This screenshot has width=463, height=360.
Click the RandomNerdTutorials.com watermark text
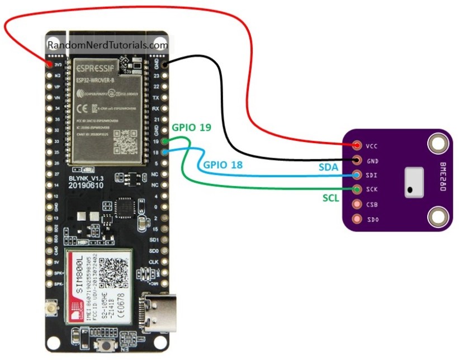point(108,45)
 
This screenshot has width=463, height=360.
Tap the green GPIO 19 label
point(192,128)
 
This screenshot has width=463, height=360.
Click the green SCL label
point(331,198)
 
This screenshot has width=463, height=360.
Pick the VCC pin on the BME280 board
point(357,146)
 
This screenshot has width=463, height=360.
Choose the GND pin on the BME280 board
point(357,160)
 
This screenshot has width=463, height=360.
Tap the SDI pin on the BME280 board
point(357,176)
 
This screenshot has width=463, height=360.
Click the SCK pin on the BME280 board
point(357,190)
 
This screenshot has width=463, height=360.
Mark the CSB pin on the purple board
point(357,205)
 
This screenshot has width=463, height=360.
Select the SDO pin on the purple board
point(357,220)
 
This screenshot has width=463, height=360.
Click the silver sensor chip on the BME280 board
point(413,183)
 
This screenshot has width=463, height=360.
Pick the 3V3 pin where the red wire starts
point(49,64)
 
